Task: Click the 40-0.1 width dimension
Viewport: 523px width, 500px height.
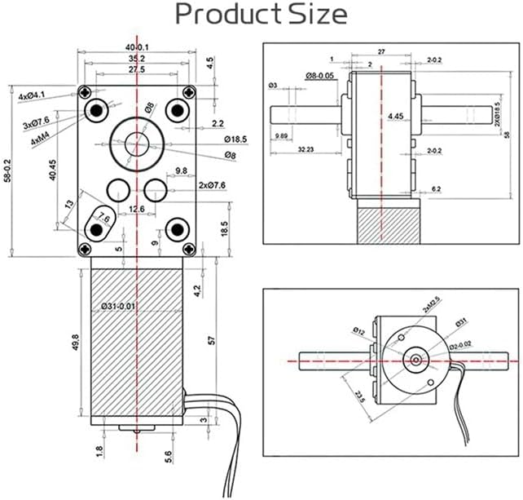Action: coord(136,47)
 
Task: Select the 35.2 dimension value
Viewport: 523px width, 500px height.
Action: coord(136,59)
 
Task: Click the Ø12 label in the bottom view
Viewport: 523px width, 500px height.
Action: coord(360,330)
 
